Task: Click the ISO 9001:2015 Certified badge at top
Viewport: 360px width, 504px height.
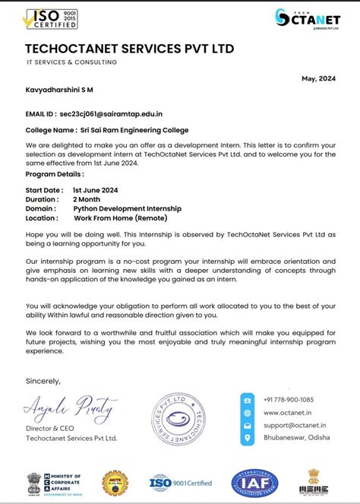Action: [x=51, y=19]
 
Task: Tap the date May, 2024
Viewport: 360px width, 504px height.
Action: [x=319, y=78]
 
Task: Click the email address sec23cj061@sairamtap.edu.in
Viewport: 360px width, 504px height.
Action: [x=116, y=113]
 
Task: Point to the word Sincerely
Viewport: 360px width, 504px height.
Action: [x=43, y=380]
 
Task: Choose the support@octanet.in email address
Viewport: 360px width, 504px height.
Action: [x=295, y=426]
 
